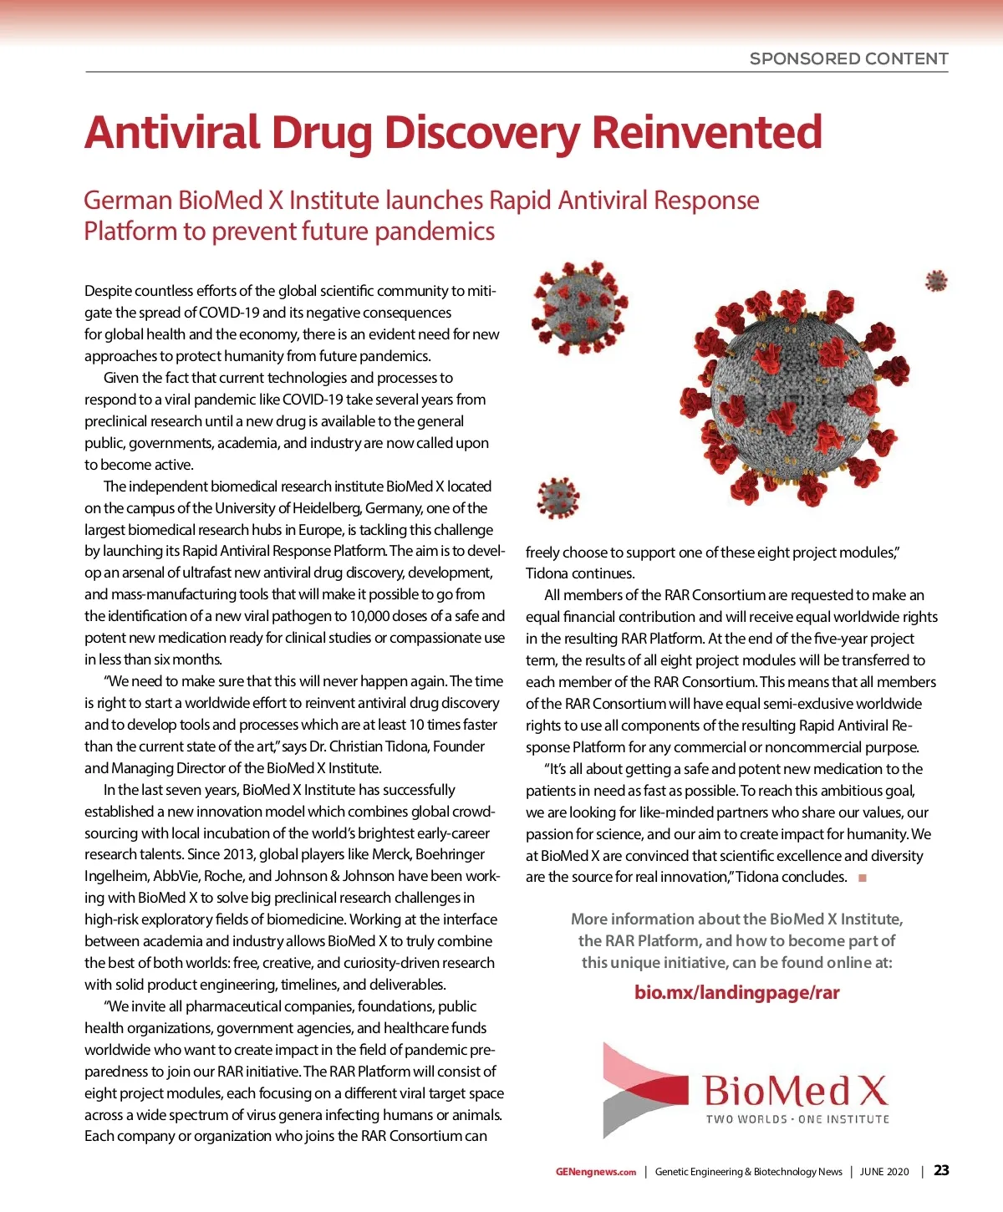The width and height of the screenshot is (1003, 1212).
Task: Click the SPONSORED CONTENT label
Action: coord(848,59)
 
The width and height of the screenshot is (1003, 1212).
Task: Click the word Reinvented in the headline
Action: coord(707,132)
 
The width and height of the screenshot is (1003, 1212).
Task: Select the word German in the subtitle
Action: coord(128,201)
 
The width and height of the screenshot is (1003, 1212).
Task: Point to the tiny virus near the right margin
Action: coord(936,281)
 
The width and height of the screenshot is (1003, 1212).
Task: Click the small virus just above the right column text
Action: coord(558,498)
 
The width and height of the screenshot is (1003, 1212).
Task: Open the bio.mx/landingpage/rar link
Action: coord(736,993)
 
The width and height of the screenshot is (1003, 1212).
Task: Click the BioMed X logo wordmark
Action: coord(795,1091)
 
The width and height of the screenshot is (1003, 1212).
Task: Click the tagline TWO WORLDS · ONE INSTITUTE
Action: coord(797,1119)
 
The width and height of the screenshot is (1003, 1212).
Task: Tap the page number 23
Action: coord(942,1170)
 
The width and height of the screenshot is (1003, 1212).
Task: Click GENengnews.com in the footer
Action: coord(595,1172)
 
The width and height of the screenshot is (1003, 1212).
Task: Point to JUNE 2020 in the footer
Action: coord(884,1172)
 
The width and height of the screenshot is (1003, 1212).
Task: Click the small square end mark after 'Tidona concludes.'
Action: coord(863,878)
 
